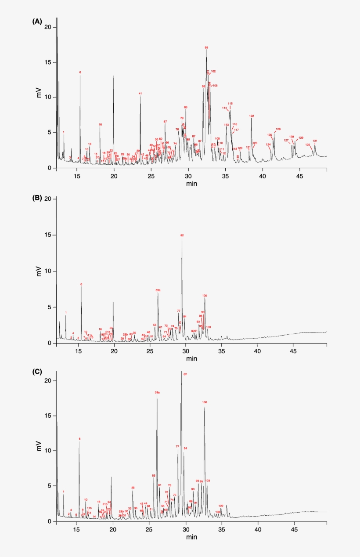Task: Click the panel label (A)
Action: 37,21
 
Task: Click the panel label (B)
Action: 37,198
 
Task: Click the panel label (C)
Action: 37,372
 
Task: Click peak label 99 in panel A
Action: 206,47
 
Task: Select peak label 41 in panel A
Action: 140,94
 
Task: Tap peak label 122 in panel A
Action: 252,116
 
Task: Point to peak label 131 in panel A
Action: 315,141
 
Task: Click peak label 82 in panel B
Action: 182,235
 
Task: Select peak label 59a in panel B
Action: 158,290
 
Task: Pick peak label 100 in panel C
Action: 205,402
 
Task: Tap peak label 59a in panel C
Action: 157,392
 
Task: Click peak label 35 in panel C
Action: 133,488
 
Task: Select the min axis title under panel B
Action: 191,358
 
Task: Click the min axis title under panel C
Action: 191,537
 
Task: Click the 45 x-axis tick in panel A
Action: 299,176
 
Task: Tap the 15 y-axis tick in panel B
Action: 49,235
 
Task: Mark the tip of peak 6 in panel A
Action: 80,76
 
